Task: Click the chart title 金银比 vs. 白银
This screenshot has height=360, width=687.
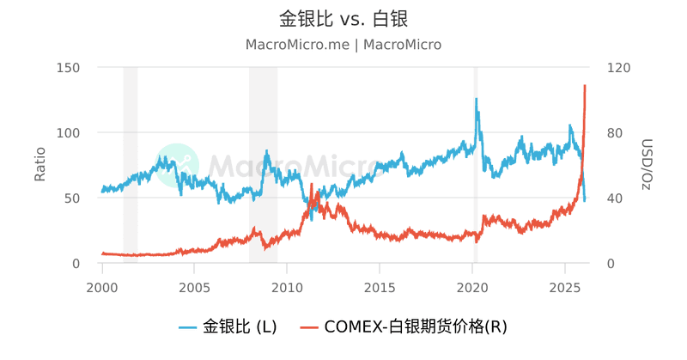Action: click(x=343, y=18)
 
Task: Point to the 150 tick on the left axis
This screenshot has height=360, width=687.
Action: click(x=68, y=68)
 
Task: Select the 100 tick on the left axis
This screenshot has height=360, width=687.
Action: click(x=68, y=133)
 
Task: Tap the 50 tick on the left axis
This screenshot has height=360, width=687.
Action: click(x=72, y=198)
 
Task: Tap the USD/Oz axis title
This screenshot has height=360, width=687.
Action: click(x=647, y=165)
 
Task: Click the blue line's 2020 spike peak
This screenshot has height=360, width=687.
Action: click(x=476, y=99)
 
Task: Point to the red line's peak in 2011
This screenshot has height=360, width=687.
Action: click(x=312, y=185)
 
